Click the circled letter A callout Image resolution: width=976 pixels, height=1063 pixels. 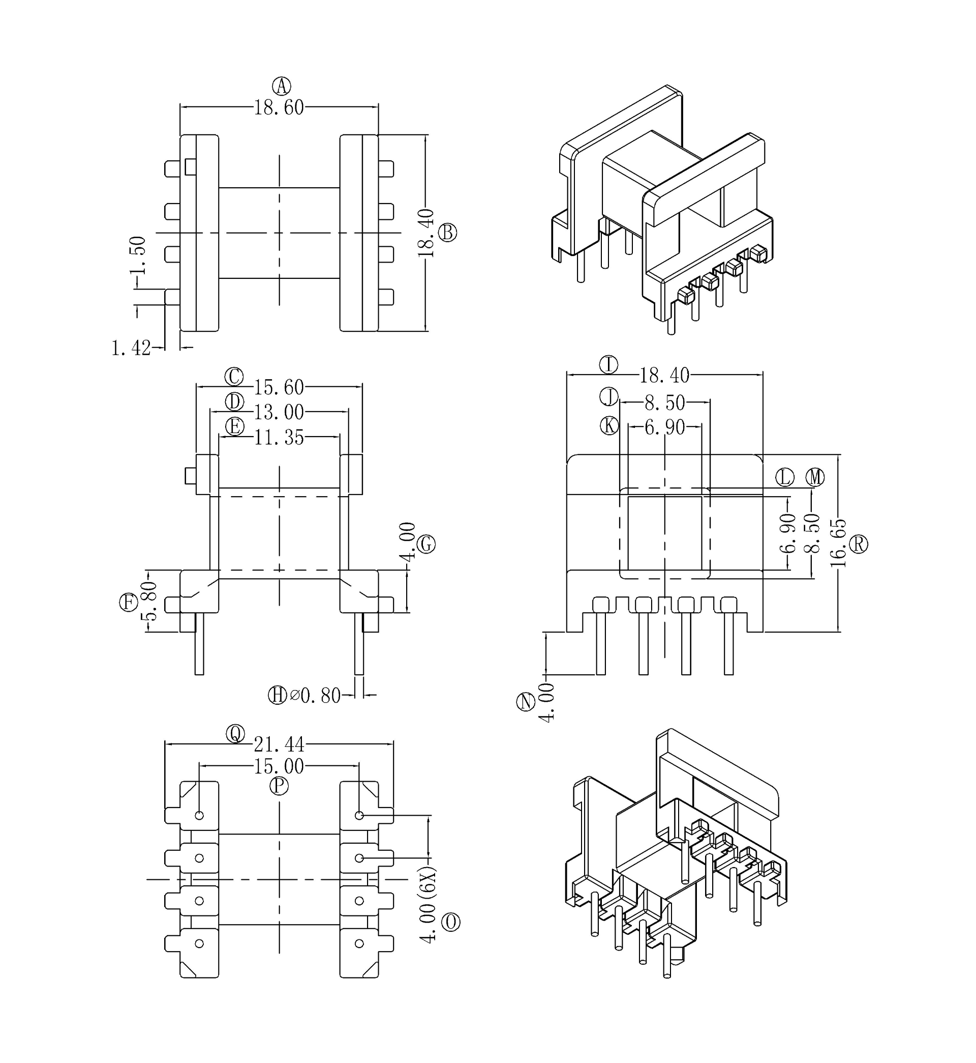click(282, 85)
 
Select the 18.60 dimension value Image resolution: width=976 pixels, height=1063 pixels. click(279, 108)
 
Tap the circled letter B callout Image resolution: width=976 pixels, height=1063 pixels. click(447, 233)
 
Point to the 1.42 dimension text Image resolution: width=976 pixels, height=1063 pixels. click(131, 349)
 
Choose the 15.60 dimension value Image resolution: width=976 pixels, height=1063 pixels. click(279, 387)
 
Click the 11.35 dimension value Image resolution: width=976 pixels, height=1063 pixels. click(279, 438)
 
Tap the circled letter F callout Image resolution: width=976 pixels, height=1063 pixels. click(128, 602)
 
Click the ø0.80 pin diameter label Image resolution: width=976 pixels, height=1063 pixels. click(315, 696)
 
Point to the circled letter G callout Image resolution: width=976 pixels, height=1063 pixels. click(426, 544)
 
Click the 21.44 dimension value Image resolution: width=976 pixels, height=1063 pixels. click(279, 745)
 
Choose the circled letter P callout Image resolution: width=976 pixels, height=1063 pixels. click(279, 786)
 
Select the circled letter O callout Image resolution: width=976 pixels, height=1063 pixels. click(450, 923)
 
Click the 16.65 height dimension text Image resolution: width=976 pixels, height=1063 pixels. click(839, 543)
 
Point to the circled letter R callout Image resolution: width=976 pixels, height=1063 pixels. click(859, 544)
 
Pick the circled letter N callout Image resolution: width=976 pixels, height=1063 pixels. click(526, 702)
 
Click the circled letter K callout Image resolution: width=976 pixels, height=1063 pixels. click(609, 426)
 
